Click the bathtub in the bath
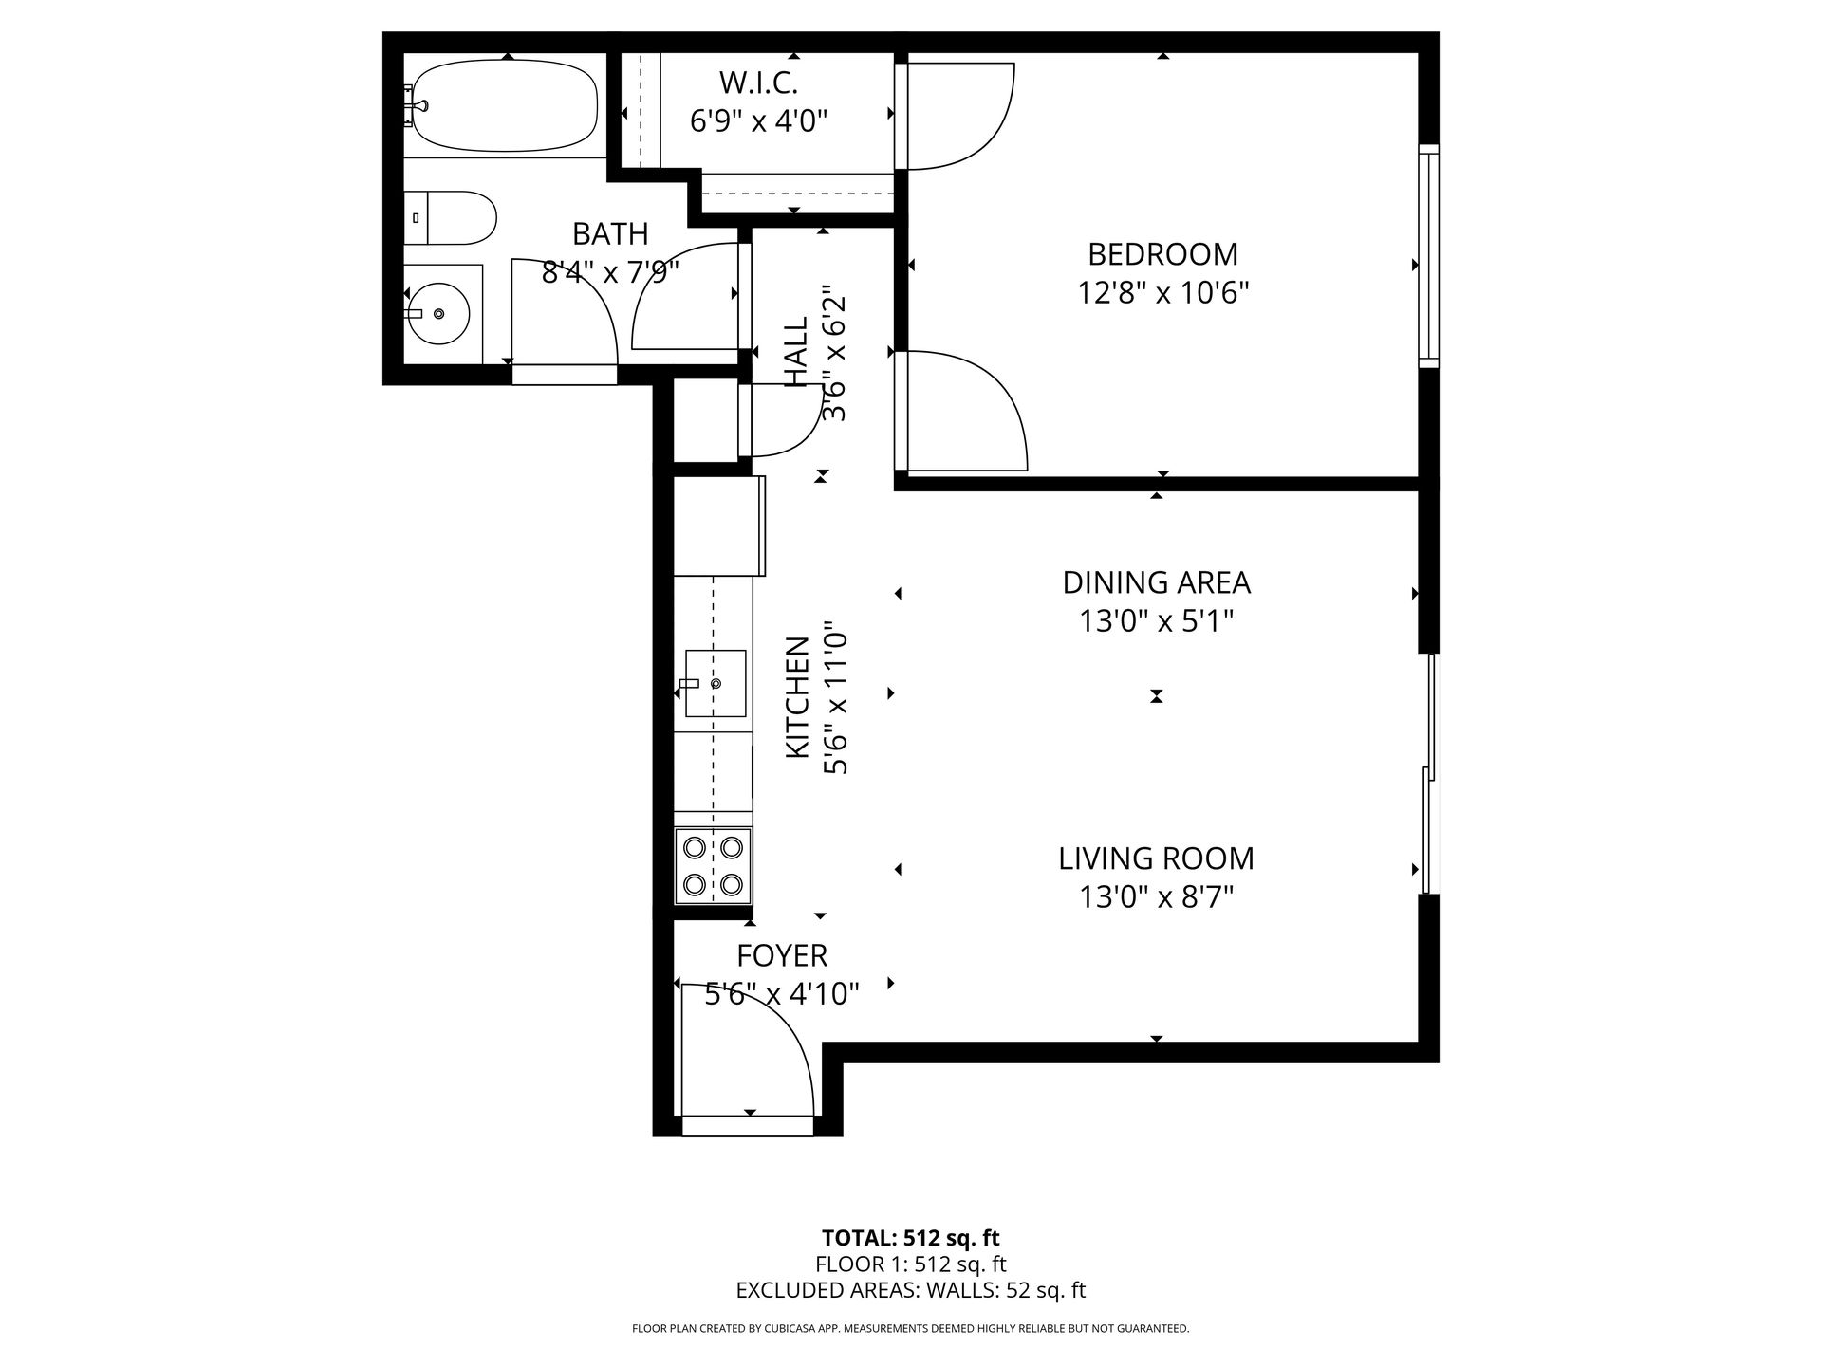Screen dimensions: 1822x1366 tap(506, 105)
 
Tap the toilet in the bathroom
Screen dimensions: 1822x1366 tap(450, 218)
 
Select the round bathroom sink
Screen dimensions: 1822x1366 tap(437, 312)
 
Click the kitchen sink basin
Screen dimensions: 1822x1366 tap(715, 683)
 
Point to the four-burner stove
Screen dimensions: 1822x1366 tap(713, 865)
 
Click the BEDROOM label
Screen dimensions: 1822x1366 tap(1162, 254)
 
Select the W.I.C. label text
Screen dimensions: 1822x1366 tap(758, 83)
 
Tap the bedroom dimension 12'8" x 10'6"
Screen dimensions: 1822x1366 tap(1162, 292)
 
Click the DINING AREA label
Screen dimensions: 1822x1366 tap(1157, 582)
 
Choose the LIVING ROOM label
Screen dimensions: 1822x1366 tap(1157, 858)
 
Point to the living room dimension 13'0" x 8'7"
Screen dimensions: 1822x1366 tap(1157, 896)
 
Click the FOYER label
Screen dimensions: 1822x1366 tap(783, 955)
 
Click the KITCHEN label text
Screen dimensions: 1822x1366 tap(797, 697)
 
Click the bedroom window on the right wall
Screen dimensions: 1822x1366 tap(1429, 255)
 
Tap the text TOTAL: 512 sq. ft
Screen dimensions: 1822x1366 tap(911, 1238)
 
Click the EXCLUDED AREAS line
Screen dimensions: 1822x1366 tap(911, 1290)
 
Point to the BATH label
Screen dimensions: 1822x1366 tap(610, 233)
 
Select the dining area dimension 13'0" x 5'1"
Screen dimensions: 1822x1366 tap(1157, 621)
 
